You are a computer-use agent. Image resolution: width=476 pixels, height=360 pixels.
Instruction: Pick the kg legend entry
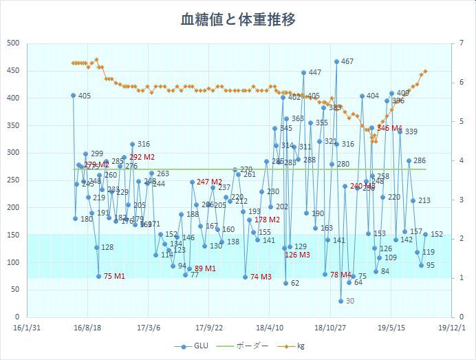click(296, 346)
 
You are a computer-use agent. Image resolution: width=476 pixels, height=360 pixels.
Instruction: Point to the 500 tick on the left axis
click(12, 43)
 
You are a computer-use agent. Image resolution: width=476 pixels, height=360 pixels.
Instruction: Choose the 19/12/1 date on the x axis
click(451, 328)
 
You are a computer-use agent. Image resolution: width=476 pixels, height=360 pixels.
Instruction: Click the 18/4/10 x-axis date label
click(270, 328)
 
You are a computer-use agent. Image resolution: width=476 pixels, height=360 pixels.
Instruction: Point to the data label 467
click(347, 62)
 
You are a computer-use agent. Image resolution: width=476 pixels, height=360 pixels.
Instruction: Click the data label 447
click(314, 73)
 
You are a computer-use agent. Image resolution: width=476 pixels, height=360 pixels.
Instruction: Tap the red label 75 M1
click(114, 276)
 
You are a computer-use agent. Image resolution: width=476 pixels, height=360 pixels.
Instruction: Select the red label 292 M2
click(142, 157)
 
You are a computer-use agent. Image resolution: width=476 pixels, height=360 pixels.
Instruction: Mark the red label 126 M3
click(297, 255)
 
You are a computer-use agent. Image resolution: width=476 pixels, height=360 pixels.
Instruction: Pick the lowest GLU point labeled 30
click(340, 301)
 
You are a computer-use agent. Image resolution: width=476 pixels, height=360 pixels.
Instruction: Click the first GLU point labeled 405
click(73, 95)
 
